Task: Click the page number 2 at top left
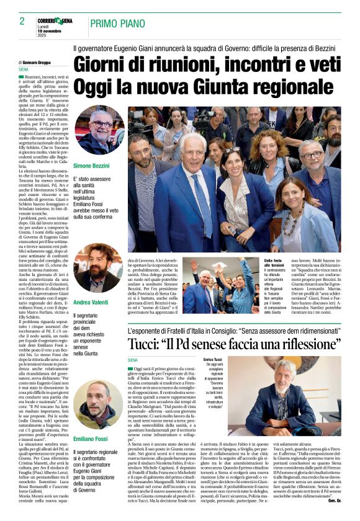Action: [22, 21]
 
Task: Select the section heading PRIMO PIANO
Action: [114, 24]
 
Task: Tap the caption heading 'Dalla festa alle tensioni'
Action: [258, 264]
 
